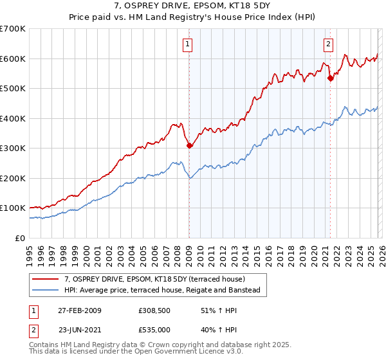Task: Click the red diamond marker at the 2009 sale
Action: click(189, 146)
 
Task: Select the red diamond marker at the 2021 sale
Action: click(330, 78)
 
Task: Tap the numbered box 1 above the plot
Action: click(187, 44)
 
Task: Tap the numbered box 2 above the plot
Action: click(328, 44)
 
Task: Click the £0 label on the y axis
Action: click(20, 238)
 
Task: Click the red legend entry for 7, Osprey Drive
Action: click(154, 279)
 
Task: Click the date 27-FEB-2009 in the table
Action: click(78, 310)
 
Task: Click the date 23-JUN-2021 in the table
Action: click(78, 330)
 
